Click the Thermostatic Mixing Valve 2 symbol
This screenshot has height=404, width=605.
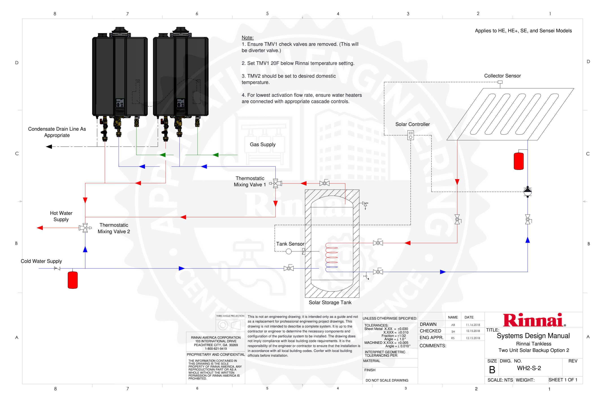coord(85,228)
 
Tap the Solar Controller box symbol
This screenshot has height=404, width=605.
coord(411,135)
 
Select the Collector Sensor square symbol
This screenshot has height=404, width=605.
coord(500,82)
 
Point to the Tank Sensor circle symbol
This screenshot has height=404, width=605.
coord(289,251)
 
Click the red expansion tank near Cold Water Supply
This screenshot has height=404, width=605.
coord(73,280)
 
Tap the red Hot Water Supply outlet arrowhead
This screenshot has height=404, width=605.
coord(40,228)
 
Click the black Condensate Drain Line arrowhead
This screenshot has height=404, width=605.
coord(49,147)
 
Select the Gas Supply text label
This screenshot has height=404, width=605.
coord(263,145)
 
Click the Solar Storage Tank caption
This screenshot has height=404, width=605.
coord(330,303)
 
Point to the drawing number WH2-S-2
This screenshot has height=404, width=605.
coord(529,368)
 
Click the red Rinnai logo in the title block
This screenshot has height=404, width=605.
coord(534,320)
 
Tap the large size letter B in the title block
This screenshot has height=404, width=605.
coord(492,370)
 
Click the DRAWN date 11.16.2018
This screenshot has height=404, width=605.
coord(473,325)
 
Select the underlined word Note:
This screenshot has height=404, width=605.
coord(247,38)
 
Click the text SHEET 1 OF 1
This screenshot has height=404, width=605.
coord(563,380)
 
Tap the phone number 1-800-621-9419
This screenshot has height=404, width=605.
coord(216,349)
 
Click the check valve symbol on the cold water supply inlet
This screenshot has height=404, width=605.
coord(57,268)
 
